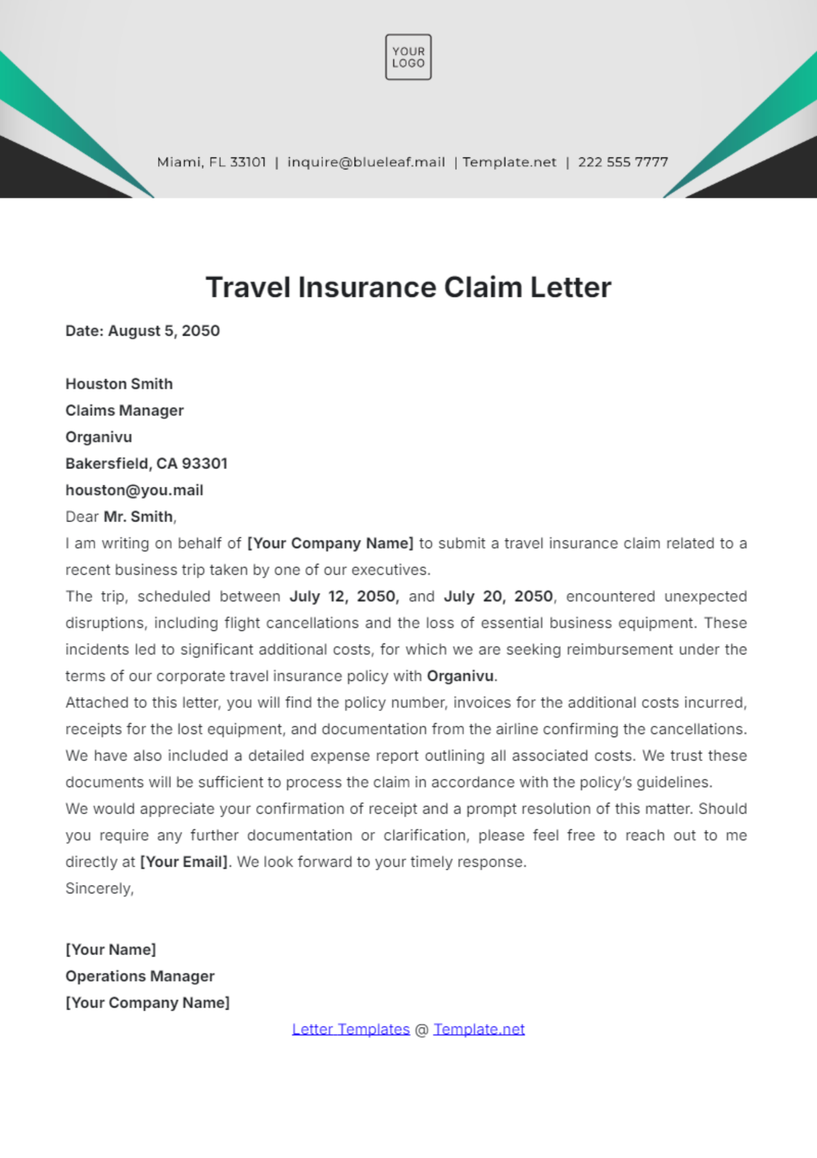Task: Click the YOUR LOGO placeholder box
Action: pyautogui.click(x=408, y=57)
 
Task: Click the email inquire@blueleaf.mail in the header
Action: pyautogui.click(x=366, y=162)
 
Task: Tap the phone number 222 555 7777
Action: pyautogui.click(x=623, y=162)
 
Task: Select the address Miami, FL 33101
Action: pyautogui.click(x=211, y=162)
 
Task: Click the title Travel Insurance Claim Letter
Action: pyautogui.click(x=408, y=287)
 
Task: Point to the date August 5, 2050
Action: pyautogui.click(x=163, y=331)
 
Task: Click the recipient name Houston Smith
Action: pyautogui.click(x=119, y=384)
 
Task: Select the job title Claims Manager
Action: pyautogui.click(x=125, y=411)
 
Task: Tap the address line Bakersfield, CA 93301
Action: pyautogui.click(x=146, y=464)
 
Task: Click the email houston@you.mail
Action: pyautogui.click(x=134, y=490)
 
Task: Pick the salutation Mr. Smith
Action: pyautogui.click(x=139, y=517)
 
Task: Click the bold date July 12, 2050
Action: pyautogui.click(x=344, y=596)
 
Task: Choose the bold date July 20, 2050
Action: pyautogui.click(x=499, y=596)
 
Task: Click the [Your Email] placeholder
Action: pyautogui.click(x=184, y=862)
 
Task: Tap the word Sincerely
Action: pyautogui.click(x=99, y=888)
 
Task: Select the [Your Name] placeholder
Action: pyautogui.click(x=110, y=950)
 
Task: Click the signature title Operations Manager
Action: pyautogui.click(x=140, y=976)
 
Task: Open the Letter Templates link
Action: pyautogui.click(x=351, y=1029)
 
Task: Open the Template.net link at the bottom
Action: pyautogui.click(x=479, y=1029)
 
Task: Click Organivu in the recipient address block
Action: pyautogui.click(x=99, y=437)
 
